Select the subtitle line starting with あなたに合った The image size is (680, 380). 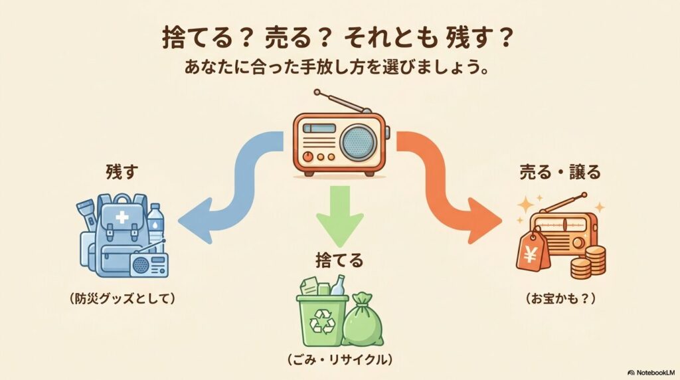pyautogui.click(x=339, y=68)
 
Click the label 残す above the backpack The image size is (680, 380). pyautogui.click(x=120, y=171)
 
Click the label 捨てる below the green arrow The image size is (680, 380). pyautogui.click(x=339, y=260)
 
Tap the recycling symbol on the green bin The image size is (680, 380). pyautogui.click(x=321, y=322)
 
